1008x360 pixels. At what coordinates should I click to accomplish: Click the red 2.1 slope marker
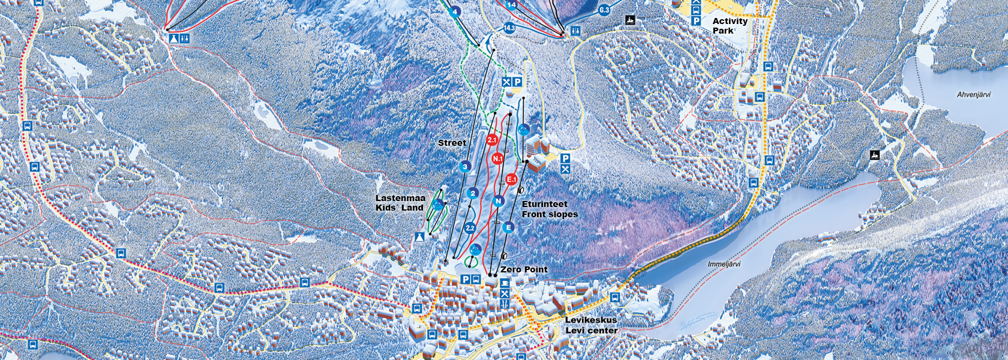[492, 140]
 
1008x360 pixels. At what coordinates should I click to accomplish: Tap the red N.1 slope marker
[497, 158]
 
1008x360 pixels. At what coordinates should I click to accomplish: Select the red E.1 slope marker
[511, 179]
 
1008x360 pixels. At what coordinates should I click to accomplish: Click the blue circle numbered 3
[465, 167]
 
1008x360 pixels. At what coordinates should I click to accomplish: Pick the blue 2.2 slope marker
[470, 228]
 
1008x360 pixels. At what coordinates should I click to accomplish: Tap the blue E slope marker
[508, 227]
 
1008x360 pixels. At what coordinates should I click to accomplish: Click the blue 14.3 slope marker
[509, 28]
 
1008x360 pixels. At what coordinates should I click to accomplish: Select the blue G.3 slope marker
[604, 10]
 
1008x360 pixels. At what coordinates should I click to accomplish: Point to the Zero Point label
[524, 269]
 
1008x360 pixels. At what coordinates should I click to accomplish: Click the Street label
[452, 143]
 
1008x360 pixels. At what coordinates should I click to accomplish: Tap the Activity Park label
[730, 25]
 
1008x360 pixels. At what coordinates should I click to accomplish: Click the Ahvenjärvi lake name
[973, 95]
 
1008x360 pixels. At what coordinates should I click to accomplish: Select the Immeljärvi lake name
[724, 264]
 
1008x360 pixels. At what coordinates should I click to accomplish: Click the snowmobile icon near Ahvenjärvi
[875, 155]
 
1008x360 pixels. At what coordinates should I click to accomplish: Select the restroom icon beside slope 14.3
[576, 31]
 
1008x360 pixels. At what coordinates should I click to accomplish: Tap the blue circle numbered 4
[455, 11]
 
